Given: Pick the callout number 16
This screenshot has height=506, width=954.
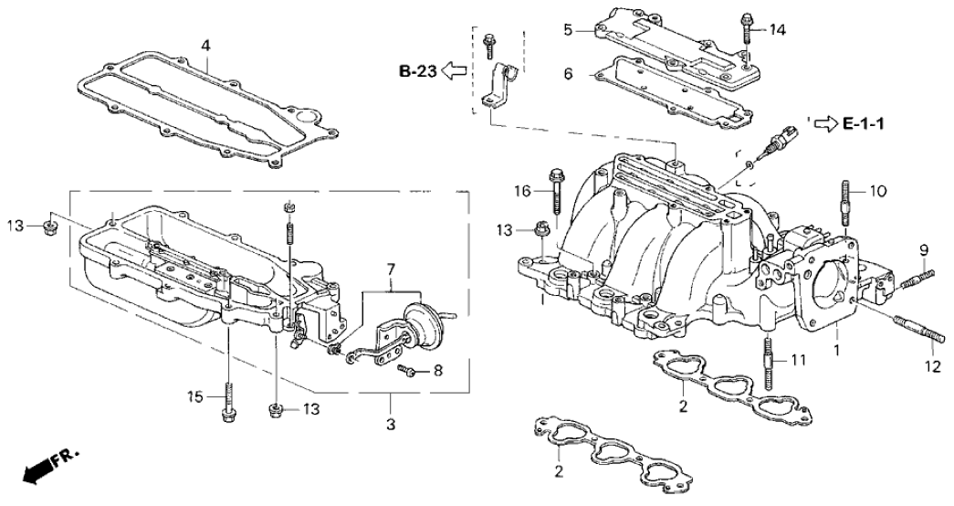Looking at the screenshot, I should point(521,191).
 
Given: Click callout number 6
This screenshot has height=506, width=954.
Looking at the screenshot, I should point(567,74).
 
